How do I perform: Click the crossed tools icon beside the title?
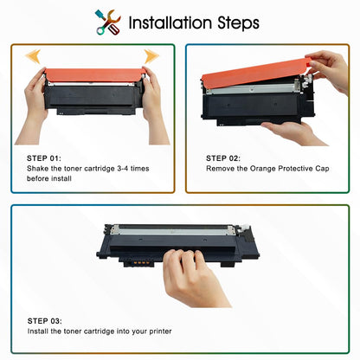[x=108, y=22]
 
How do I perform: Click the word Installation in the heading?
[x=170, y=22]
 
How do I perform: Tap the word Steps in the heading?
[x=238, y=23]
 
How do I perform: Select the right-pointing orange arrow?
[x=151, y=56]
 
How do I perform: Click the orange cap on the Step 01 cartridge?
[x=94, y=74]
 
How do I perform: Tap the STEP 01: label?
[x=44, y=158]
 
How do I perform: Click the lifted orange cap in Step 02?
[x=257, y=72]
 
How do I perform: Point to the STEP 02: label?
[x=223, y=158]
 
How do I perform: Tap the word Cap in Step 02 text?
[x=322, y=169]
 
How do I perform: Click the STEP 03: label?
[x=44, y=321]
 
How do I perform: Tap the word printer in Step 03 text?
[x=160, y=331]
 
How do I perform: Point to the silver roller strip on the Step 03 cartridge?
[x=173, y=230]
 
